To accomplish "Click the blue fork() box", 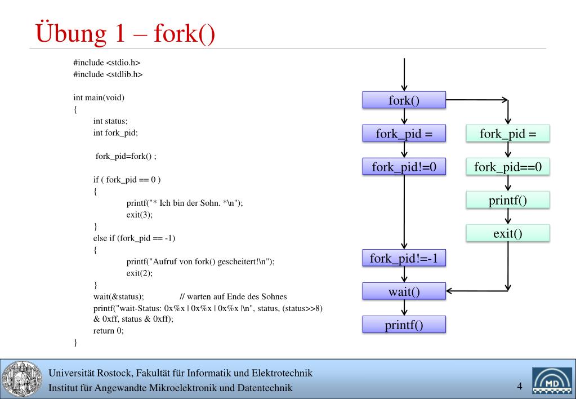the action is pos(404,100).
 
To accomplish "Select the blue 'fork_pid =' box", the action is pos(404,133).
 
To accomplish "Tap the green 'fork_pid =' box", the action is pos(508,133).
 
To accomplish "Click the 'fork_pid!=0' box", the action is pos(404,166).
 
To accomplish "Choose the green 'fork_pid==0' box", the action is pos(508,166).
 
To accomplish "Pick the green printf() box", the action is pos(508,200).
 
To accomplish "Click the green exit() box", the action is pos(508,233).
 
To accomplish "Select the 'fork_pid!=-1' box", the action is pos(404,258).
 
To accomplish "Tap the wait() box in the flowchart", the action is pos(404,291).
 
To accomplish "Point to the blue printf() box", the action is pos(404,325).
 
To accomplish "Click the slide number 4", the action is pos(520,386).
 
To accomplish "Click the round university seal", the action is pos(21,379).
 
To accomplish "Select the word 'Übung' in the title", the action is pos(71,33).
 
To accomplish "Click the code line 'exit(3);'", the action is pos(140,215).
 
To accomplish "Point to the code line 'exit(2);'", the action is pos(140,273).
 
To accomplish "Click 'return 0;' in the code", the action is pos(108,331).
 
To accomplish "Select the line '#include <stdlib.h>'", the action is pos(108,74).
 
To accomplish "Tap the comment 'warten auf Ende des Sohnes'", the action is pos(237,297).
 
